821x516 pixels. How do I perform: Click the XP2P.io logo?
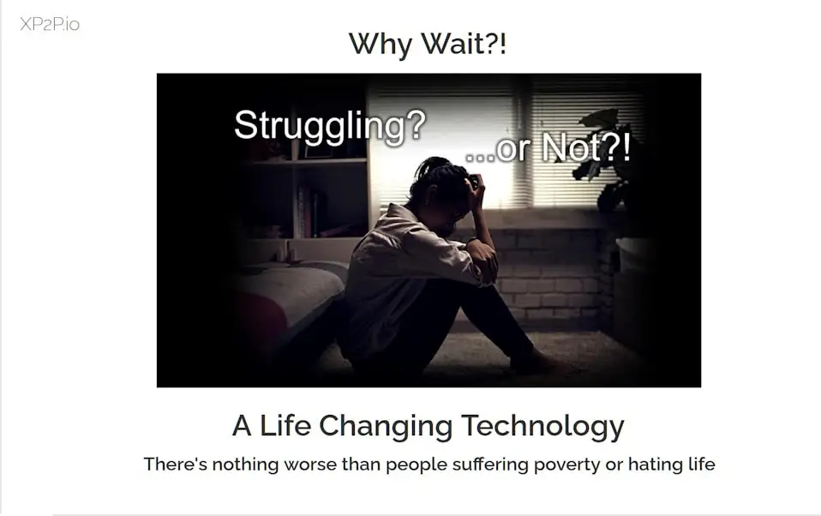50,24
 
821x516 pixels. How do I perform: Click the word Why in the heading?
381,44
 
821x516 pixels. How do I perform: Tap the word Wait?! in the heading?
464,43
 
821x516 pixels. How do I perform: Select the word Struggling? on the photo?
330,126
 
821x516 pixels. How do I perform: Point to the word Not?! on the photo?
585,147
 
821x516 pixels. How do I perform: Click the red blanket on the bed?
254,320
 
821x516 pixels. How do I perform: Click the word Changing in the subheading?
386,426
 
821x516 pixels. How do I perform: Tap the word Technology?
543,426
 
